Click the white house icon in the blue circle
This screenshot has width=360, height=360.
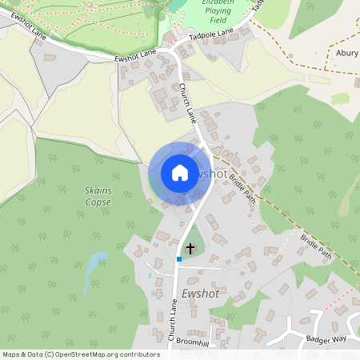(x=180, y=173)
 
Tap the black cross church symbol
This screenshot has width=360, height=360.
(x=190, y=248)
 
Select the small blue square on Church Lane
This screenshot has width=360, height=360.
(x=179, y=259)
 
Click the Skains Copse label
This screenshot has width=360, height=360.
(x=98, y=196)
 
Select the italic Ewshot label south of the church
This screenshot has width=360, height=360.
(x=200, y=294)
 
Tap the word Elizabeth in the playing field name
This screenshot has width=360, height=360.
(x=220, y=3)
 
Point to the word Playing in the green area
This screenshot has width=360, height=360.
(x=218, y=14)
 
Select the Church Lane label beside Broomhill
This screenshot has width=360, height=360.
(x=171, y=321)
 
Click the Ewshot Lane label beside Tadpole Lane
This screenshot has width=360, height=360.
(x=136, y=54)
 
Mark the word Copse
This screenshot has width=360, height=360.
(x=98, y=202)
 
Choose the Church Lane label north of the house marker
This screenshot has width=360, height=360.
(x=188, y=103)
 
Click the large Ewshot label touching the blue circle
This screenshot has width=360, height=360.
(x=210, y=173)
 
